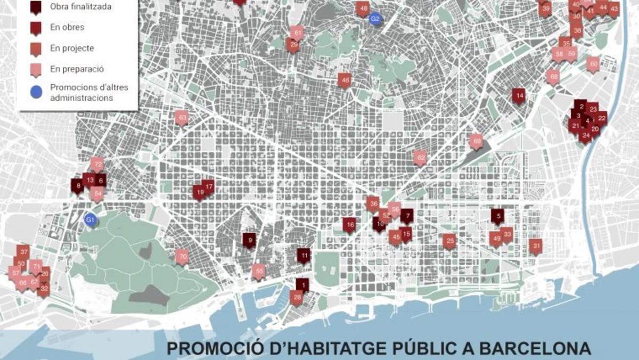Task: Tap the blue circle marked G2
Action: tap(375, 19)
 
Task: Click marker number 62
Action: tap(420, 158)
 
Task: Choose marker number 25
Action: tap(449, 241)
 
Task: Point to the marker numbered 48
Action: tap(363, 9)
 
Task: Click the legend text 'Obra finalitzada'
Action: tap(80, 7)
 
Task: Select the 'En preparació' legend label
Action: tap(77, 69)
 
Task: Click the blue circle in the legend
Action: tap(36, 92)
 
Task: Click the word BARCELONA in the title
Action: tap(535, 350)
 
